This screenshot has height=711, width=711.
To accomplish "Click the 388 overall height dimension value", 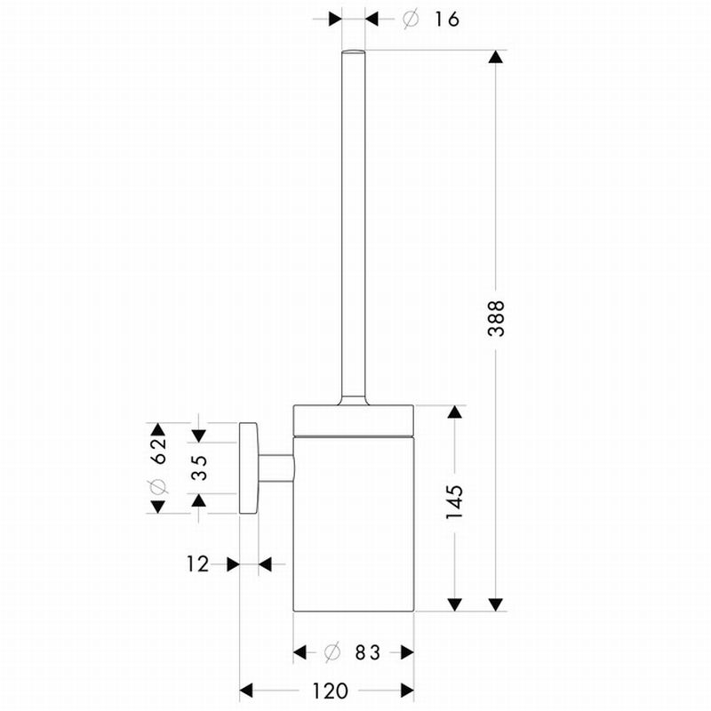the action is (x=496, y=318).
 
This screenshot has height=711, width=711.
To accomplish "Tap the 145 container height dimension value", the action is (x=454, y=502).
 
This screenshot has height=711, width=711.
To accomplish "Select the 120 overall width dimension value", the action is (x=330, y=691).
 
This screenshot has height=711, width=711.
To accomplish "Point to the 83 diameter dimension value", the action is (x=367, y=652).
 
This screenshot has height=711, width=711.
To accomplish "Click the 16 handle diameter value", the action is (x=447, y=19).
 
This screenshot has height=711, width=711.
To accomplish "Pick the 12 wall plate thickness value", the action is (x=198, y=564).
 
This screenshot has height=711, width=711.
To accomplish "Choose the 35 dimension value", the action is (x=199, y=467).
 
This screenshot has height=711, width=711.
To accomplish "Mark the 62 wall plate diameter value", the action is (x=158, y=451).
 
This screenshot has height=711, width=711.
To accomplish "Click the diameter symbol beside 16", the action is (x=411, y=19).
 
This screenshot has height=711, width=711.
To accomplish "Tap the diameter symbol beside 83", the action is (x=332, y=652).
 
